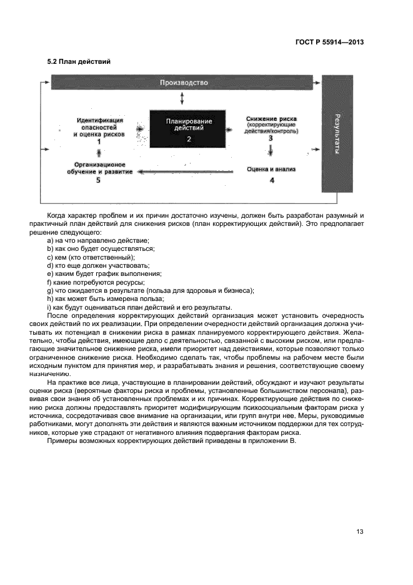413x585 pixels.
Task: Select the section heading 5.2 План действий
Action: [79, 62]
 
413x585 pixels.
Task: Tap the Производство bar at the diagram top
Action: [183, 83]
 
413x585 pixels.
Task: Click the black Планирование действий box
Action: [189, 129]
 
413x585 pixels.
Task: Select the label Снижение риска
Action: [271, 119]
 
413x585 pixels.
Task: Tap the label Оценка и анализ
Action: [271, 169]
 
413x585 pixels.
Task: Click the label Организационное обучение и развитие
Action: [99, 168]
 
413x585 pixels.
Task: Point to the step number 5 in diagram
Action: [98, 180]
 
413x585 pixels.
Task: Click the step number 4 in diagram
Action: [271, 180]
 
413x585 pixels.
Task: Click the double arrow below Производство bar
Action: [182, 98]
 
